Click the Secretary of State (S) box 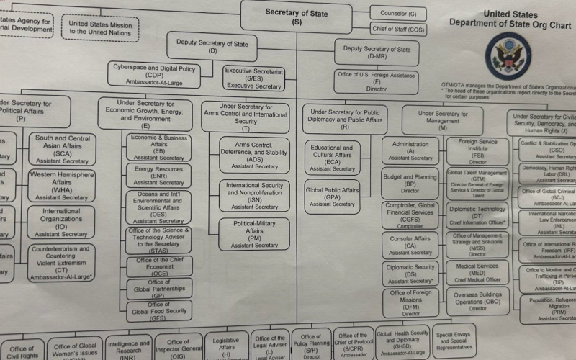point(297,17)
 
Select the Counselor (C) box point(402,13)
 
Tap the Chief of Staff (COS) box point(398,29)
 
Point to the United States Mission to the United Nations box point(100,27)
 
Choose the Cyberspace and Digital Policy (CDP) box point(154,73)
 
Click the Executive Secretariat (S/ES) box point(253,78)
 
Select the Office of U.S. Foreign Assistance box point(376,81)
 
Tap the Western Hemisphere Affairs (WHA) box point(61,185)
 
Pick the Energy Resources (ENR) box point(158,174)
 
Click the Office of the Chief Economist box point(159,266)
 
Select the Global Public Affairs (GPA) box point(331,196)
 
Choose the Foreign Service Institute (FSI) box point(477,150)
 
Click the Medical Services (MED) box point(477,271)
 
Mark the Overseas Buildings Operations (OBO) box point(477,301)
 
